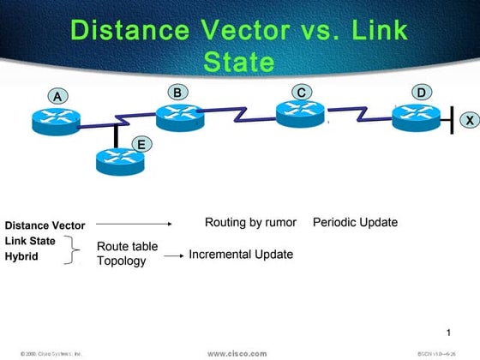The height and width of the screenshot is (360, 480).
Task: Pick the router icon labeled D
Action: pos(417,117)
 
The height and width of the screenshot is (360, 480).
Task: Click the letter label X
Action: pos(470,121)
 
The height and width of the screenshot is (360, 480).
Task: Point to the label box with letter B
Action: pos(177,92)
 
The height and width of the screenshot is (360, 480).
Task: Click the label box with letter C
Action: pos(301,92)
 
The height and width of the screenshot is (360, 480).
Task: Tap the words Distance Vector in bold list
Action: pos(45,225)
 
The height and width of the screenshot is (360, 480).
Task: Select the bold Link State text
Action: pos(30,241)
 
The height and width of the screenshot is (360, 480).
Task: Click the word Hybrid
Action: pos(21,256)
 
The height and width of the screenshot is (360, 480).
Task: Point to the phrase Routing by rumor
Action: pos(250,223)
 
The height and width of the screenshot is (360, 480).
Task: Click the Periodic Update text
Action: pos(355,223)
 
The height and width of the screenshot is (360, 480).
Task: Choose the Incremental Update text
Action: pos(241,255)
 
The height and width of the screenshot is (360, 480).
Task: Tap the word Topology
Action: pos(121,261)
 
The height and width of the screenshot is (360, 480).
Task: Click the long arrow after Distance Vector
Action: pos(134,225)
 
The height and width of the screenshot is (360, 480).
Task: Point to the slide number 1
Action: pos(449,332)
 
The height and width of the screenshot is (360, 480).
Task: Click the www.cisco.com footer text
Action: pos(237,352)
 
